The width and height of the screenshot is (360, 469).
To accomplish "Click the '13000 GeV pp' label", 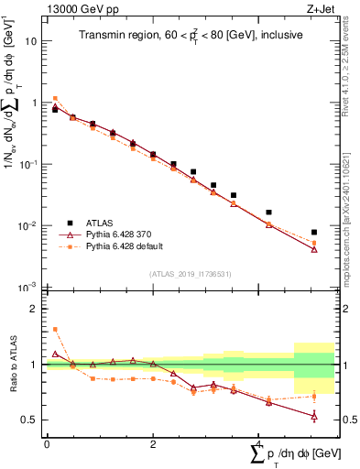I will [74, 8].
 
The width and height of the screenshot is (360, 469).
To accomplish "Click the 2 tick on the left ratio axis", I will [36, 309].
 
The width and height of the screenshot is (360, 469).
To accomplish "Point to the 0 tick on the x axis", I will [46, 443].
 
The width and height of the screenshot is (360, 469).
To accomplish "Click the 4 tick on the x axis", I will [259, 443].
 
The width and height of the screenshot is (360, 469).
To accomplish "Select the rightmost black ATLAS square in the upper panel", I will [314, 233].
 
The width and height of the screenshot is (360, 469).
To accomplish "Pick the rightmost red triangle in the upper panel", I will [314, 249].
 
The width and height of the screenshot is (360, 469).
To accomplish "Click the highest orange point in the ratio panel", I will [55, 329].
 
